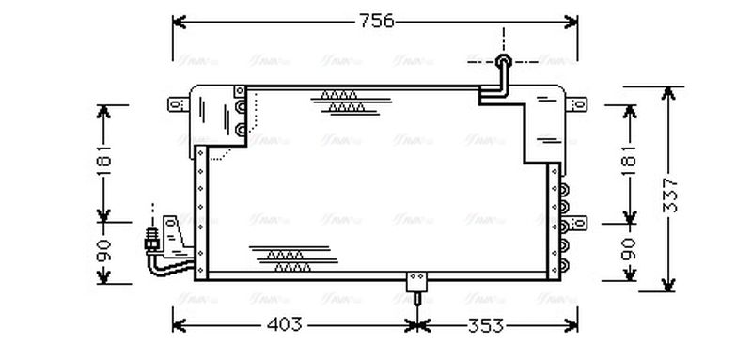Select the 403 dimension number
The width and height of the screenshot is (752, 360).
(285, 324)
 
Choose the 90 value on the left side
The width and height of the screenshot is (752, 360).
(104, 251)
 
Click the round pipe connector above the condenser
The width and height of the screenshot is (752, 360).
(504, 63)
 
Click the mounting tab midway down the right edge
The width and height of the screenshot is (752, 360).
(578, 223)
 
